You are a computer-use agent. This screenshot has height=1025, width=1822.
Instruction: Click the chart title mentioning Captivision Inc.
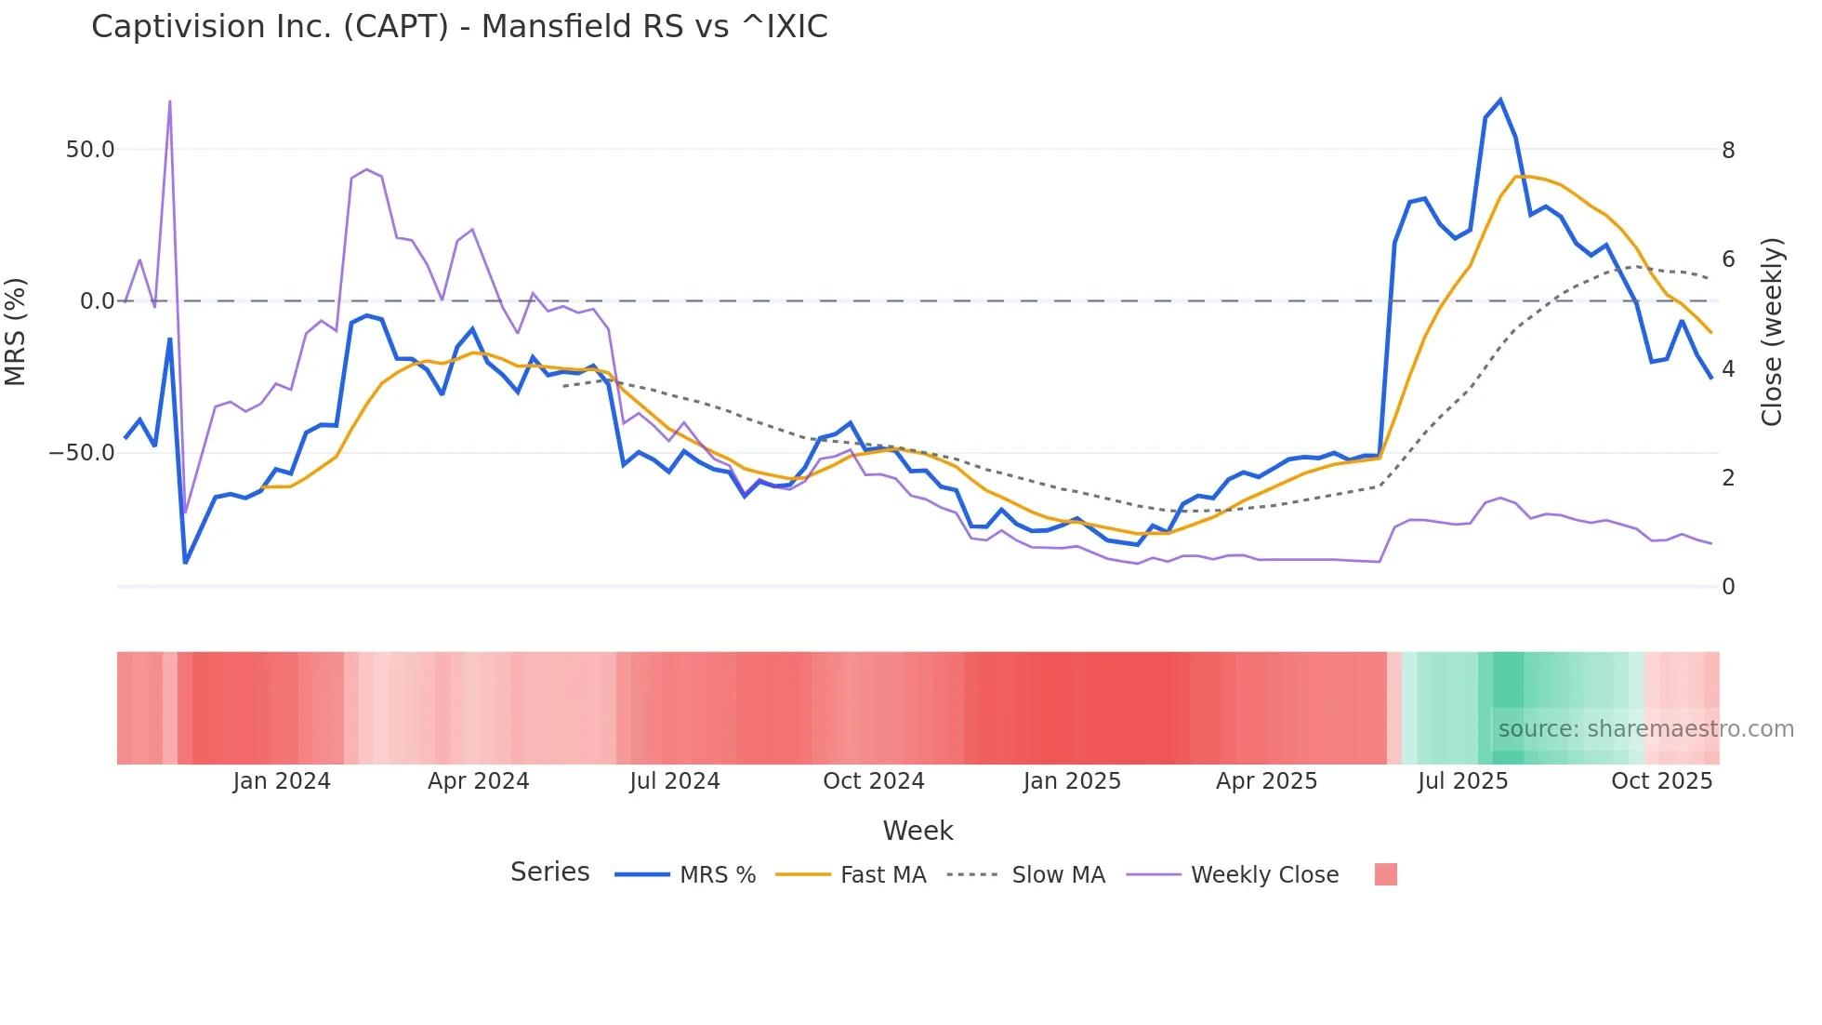click(459, 27)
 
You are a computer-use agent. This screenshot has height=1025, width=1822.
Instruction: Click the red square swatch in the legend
click(1385, 874)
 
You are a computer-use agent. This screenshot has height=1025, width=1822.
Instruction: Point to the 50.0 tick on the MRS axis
click(90, 150)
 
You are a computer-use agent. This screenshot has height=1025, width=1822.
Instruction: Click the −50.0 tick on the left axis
click(83, 454)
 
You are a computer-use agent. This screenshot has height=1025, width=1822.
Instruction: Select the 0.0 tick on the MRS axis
click(97, 301)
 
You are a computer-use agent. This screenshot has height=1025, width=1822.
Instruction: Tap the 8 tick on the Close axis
click(1728, 151)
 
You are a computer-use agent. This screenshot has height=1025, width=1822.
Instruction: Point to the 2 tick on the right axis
click(1728, 478)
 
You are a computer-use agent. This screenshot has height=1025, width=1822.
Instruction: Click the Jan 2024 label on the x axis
click(282, 781)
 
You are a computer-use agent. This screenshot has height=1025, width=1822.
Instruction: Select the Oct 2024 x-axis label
click(874, 781)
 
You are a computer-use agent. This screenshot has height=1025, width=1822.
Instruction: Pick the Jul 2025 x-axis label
click(1462, 781)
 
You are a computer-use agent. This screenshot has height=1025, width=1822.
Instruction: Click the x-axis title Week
click(918, 831)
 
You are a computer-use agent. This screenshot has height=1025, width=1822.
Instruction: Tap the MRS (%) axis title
click(16, 332)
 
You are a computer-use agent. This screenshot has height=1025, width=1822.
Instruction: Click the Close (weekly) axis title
click(1772, 332)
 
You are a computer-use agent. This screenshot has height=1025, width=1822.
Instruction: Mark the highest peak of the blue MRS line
click(1500, 100)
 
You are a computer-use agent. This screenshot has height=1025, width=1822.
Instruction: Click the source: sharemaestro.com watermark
click(1645, 729)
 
